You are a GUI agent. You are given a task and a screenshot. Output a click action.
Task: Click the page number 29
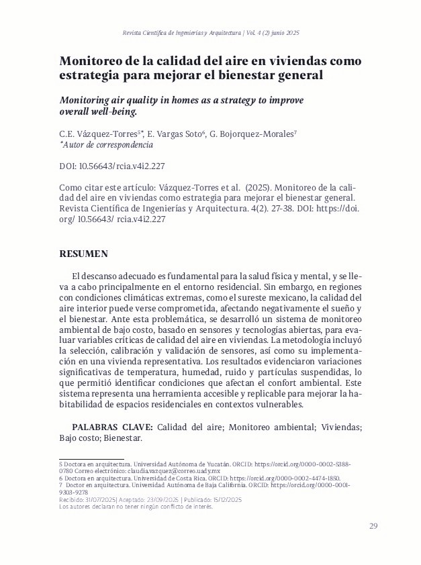click(373, 525)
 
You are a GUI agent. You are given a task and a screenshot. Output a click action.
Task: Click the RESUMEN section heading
click(84, 254)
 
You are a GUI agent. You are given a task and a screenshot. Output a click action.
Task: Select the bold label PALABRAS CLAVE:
click(113, 426)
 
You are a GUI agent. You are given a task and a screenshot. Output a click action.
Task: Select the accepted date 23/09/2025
click(159, 500)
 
